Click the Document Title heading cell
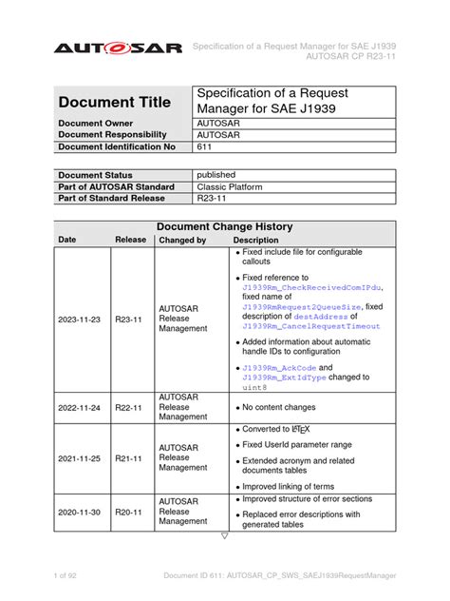pyautogui.click(x=115, y=102)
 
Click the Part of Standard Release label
pyautogui.click(x=112, y=198)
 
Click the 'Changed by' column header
pyautogui.click(x=182, y=241)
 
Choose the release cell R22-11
pyautogui.click(x=129, y=406)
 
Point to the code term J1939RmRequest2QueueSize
pyautogui.click(x=301, y=307)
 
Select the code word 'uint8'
pyautogui.click(x=256, y=387)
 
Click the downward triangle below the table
pyautogui.click(x=224, y=535)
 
